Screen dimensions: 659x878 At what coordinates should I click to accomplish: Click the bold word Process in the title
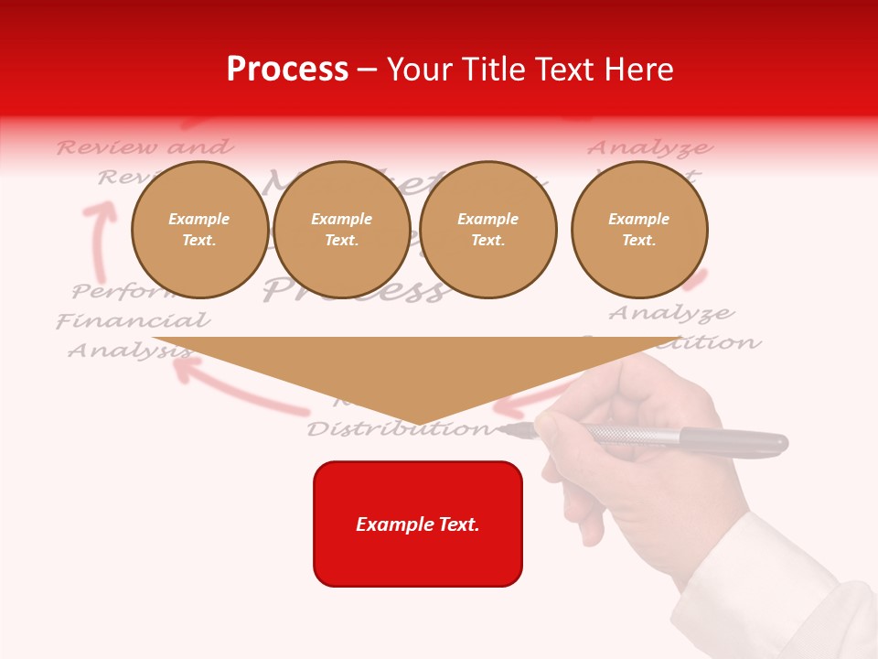point(287,69)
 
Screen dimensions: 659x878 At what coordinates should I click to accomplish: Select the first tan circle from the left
point(199,229)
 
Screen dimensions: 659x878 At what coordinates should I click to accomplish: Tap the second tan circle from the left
point(341,229)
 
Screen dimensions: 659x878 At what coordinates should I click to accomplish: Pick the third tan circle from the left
point(487,229)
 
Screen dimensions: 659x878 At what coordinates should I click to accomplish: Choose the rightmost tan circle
point(638,229)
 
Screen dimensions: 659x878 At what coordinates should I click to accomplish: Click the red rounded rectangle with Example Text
point(417,524)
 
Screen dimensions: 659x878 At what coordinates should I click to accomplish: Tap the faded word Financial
point(133,321)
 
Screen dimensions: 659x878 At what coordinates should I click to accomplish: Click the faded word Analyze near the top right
point(649,148)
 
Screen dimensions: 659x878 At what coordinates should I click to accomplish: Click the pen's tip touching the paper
point(503,427)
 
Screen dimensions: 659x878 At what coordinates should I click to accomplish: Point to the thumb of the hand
point(558,430)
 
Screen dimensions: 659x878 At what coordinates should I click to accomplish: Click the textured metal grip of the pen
point(631,435)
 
